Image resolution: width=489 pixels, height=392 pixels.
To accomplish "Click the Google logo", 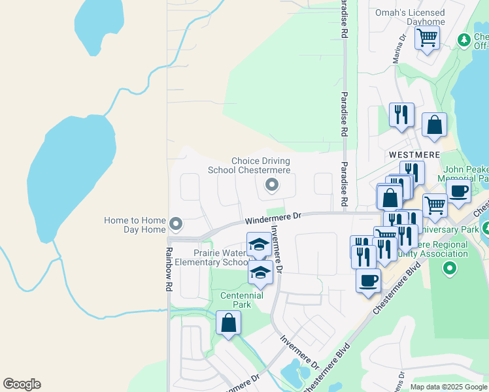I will tap(22, 384).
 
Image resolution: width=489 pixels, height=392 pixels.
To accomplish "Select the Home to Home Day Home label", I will tap(135, 225).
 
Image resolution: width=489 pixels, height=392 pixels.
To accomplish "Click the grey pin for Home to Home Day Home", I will tap(175, 224).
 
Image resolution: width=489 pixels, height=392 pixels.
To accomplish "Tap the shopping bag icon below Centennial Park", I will tap(228, 323).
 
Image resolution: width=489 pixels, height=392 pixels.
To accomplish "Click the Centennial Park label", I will tap(241, 300).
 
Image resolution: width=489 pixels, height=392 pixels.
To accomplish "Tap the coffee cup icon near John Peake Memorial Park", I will tap(459, 190).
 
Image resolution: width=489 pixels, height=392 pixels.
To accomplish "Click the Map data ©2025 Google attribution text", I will tap(448, 386).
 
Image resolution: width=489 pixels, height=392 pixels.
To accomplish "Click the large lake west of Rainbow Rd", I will tap(63, 176).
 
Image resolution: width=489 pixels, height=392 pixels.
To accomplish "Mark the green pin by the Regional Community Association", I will tap(449, 267).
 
